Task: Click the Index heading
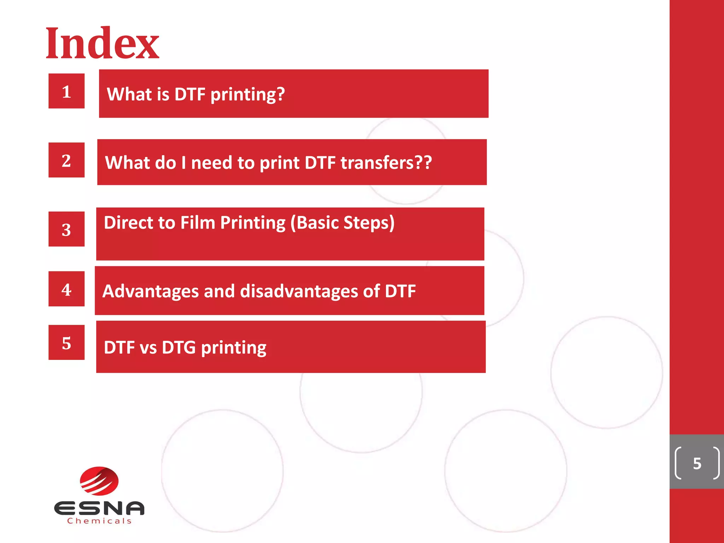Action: pos(102,43)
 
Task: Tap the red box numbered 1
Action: pos(66,91)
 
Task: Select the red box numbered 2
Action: pos(66,160)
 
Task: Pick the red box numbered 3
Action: pos(66,229)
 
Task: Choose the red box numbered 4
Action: pos(66,289)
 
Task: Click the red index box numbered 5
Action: pos(66,343)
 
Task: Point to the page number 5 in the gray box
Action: pos(697,463)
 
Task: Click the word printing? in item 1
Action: pos(247,94)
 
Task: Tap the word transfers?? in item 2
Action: pos(386,163)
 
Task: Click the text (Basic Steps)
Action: pos(342,223)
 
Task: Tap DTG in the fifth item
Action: pos(179,348)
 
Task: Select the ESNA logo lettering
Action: pos(99,508)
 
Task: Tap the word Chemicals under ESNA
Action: pos(99,521)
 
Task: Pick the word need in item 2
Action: pos(211,163)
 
